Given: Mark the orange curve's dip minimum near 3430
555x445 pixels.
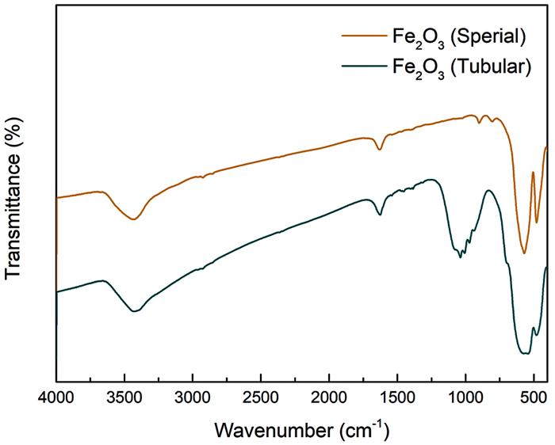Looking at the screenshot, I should coord(134,219).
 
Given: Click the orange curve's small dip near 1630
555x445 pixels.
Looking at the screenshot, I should coord(380,150).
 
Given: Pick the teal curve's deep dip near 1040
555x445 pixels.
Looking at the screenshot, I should coord(460,257).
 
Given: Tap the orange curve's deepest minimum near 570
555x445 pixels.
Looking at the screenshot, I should coord(524,253).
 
